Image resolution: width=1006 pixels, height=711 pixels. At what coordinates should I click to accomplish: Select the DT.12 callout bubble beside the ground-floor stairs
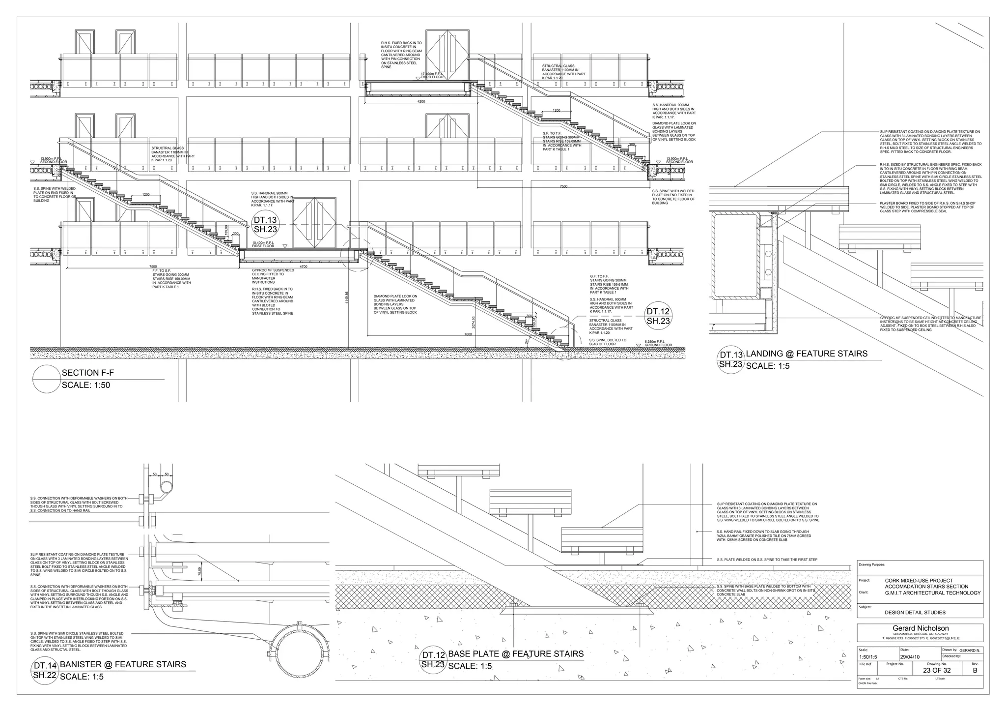[658, 316]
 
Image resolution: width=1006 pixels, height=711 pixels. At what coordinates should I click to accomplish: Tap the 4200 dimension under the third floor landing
[421, 102]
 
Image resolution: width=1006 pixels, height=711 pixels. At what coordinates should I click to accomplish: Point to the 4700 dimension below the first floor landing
[303, 267]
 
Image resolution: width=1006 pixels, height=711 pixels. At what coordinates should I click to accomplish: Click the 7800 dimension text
[468, 334]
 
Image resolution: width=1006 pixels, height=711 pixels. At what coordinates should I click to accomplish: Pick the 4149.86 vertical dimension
[347, 297]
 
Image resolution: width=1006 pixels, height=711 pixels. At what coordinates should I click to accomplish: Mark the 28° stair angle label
[527, 341]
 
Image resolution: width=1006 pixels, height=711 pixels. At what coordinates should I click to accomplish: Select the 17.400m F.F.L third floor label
[432, 75]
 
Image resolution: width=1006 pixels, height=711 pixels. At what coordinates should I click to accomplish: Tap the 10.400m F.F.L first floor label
[263, 244]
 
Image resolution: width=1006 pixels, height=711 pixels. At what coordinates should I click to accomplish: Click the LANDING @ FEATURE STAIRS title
[807, 354]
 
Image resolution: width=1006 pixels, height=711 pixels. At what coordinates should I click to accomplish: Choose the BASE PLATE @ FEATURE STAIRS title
[516, 654]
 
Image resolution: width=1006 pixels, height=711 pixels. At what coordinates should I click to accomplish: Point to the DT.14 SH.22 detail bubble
[45, 671]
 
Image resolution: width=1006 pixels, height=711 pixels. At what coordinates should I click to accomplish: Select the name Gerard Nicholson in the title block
[921, 628]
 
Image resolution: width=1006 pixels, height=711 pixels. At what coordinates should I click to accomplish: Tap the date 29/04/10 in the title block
[910, 657]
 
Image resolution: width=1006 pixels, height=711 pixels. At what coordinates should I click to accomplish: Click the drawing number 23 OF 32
[937, 670]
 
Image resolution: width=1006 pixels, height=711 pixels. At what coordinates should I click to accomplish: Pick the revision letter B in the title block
[975, 670]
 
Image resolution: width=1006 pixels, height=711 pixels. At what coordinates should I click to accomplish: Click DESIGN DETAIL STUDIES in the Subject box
[915, 613]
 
